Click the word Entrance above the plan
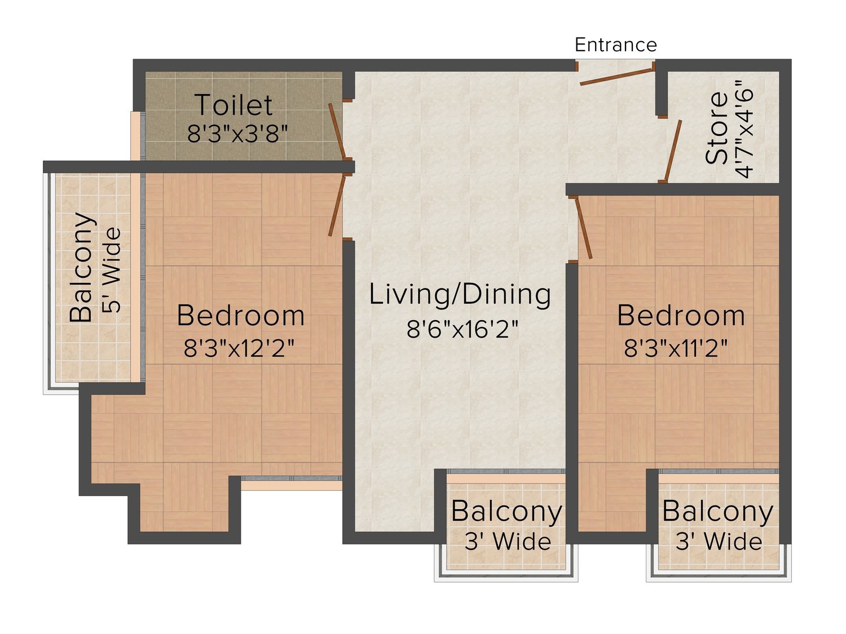coord(615,45)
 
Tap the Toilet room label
coord(234,104)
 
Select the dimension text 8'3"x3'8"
coord(237,134)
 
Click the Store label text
coord(716,128)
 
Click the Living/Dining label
coord(460,295)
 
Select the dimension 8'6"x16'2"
coord(462,329)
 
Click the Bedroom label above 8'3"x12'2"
coord(240,315)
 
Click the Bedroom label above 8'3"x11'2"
coord(681,315)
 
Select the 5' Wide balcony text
coord(111,271)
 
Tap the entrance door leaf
coord(616,77)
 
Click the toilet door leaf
coord(336,131)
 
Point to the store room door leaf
coord(672,151)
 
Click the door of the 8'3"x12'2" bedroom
coord(336,206)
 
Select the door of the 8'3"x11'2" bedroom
coord(584,228)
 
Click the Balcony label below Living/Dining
coord(507,511)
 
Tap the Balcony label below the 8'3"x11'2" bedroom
coord(718,511)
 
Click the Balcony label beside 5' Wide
coord(82,267)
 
